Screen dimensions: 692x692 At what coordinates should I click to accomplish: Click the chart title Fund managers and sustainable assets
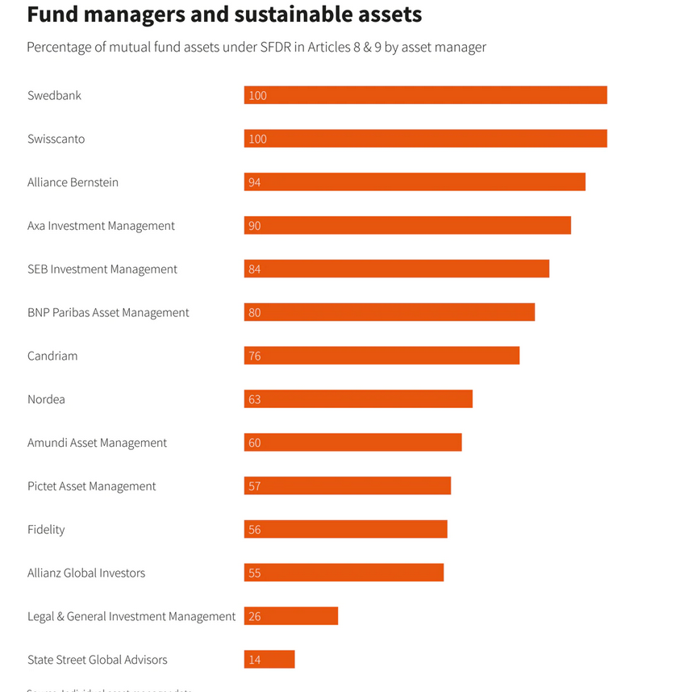click(224, 15)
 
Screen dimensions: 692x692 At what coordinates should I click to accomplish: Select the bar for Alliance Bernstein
click(415, 182)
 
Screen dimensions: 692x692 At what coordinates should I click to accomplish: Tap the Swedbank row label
click(54, 95)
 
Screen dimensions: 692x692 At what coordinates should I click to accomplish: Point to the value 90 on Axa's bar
click(255, 226)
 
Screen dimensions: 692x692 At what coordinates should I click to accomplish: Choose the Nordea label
click(46, 399)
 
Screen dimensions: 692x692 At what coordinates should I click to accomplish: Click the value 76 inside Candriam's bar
click(255, 356)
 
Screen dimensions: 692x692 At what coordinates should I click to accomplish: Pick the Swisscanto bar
click(425, 139)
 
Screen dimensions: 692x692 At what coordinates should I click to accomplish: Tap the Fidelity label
click(46, 529)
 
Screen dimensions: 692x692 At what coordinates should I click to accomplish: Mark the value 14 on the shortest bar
click(255, 660)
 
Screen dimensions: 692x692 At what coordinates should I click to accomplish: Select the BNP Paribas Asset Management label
click(108, 312)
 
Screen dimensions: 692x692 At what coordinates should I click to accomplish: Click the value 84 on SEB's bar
click(255, 269)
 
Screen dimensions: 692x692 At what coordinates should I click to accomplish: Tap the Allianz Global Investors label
click(86, 573)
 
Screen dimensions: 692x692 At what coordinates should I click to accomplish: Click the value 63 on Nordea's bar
click(255, 399)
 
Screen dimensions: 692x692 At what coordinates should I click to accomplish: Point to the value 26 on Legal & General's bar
click(255, 616)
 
